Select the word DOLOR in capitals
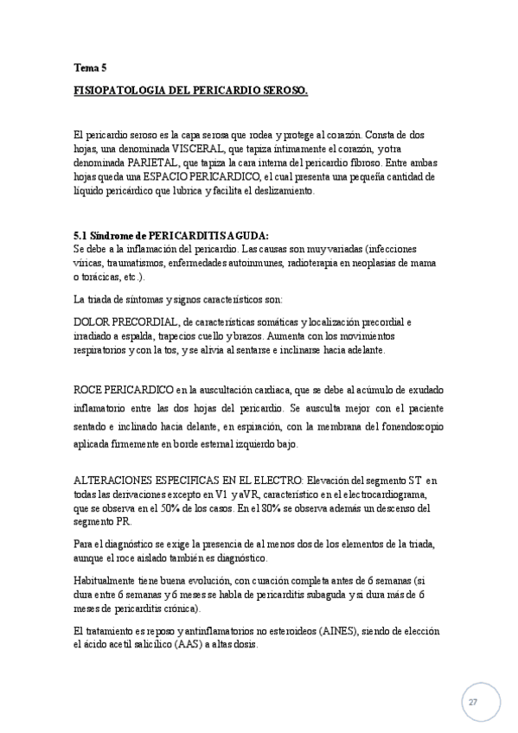coord(93,321)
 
